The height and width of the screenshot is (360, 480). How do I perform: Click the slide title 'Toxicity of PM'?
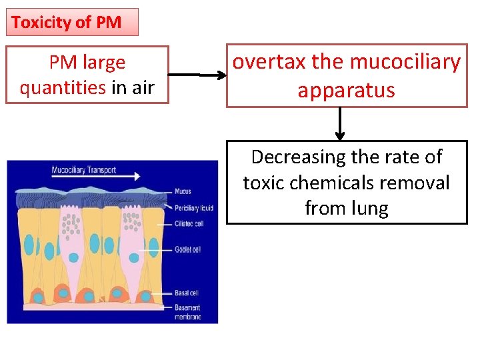67,22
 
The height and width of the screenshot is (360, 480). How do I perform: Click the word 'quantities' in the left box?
63,87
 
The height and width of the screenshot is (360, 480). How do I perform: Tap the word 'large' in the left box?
104,63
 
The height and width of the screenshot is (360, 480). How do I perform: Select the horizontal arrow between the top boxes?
197,75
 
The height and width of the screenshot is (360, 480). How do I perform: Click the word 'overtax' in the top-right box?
269,62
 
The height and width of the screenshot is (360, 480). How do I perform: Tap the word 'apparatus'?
346,90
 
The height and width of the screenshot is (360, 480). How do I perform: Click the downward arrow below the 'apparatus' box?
340,124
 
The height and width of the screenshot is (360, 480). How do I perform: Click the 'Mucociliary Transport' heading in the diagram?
83,170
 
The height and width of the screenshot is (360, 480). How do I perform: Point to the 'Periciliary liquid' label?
193,207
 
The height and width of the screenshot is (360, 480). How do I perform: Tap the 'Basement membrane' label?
187,312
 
